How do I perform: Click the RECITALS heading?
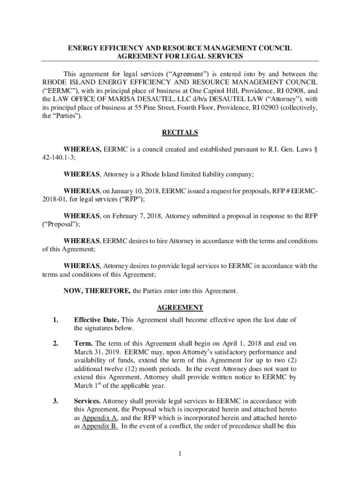tap(180, 133)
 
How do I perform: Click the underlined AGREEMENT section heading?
tap(180, 308)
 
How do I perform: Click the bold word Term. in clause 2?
tap(83, 344)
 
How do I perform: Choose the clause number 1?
tap(56, 320)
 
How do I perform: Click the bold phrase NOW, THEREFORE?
tap(97, 291)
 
